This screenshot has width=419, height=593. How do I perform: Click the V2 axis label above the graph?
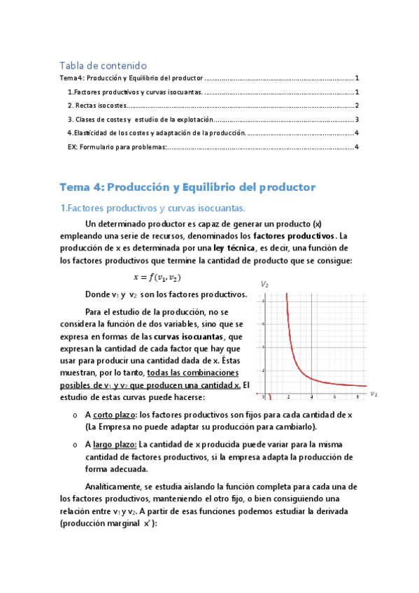coord(264,285)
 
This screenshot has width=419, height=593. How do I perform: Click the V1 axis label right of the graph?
coord(374,394)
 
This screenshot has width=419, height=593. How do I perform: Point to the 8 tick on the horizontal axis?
coord(357,397)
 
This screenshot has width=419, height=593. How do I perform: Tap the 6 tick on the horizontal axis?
coord(335,397)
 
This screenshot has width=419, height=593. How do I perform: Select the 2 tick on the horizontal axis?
coord(289,397)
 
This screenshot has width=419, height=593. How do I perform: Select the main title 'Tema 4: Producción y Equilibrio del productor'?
coord(187,187)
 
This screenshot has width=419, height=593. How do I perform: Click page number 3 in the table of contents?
coord(357,119)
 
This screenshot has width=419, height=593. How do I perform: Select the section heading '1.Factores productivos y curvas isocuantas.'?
coord(152,208)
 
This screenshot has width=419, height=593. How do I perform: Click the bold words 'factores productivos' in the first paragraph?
coord(294,236)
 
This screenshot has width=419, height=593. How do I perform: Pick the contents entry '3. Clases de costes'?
coord(98,119)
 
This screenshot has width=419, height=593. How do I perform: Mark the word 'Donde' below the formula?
coord(97,294)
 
